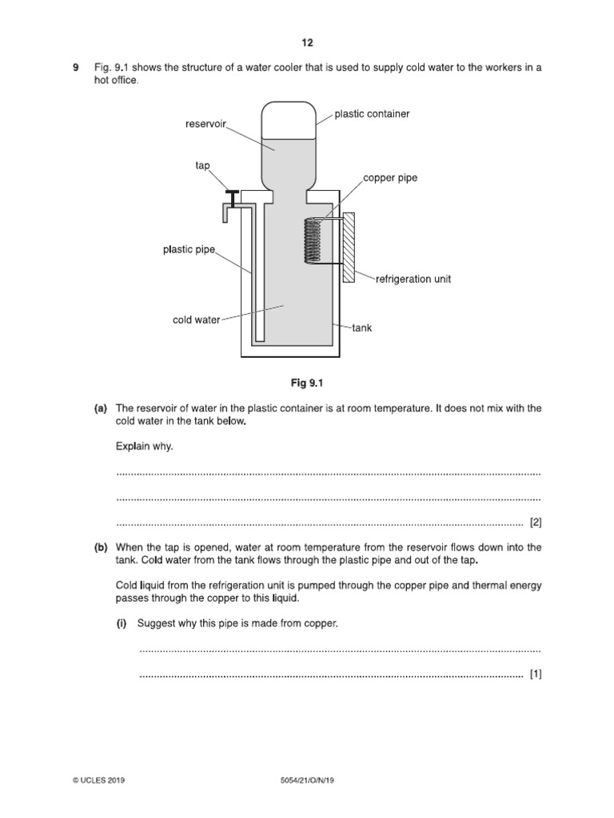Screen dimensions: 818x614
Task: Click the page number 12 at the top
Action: [307, 42]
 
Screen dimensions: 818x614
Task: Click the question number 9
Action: [75, 68]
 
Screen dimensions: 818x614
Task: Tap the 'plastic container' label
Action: [372, 114]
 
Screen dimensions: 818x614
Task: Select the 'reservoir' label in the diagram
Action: [206, 124]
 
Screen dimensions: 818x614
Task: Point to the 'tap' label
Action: [202, 165]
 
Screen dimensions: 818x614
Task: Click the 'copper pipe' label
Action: [390, 177]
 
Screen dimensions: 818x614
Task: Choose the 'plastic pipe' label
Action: [189, 250]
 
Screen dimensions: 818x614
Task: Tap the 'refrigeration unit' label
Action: [413, 279]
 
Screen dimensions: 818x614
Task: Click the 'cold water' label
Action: [196, 320]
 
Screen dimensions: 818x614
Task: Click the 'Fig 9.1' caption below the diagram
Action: [307, 383]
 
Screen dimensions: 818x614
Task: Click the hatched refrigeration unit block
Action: [349, 247]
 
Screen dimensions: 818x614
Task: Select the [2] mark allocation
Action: [536, 522]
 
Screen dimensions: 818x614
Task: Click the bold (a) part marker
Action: [101, 408]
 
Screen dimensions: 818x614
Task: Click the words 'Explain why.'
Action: [144, 447]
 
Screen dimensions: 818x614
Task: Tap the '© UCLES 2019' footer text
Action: [94, 780]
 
